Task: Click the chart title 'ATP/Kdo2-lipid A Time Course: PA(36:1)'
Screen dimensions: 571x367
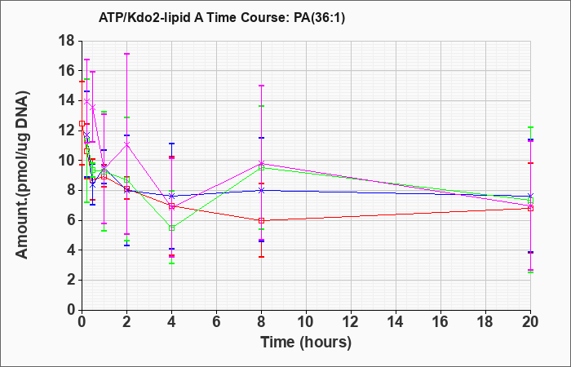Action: pyautogui.click(x=221, y=18)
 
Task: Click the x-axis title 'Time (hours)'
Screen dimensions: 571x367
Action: pyautogui.click(x=306, y=343)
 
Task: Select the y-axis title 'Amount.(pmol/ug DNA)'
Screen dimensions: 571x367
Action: pyautogui.click(x=23, y=175)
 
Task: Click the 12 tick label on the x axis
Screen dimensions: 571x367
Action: pyautogui.click(x=351, y=322)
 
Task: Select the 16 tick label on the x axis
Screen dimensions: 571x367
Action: pyautogui.click(x=440, y=322)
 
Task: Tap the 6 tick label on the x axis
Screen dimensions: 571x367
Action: pyautogui.click(x=216, y=322)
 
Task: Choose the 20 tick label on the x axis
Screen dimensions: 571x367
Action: pyautogui.click(x=530, y=322)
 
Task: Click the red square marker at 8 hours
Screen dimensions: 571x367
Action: pyautogui.click(x=261, y=221)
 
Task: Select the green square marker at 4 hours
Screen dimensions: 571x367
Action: pyautogui.click(x=171, y=228)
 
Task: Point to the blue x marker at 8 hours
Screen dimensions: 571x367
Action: pyautogui.click(x=261, y=190)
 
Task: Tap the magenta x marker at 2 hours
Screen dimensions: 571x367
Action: pyautogui.click(x=126, y=144)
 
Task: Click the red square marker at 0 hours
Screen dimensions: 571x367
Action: pyautogui.click(x=82, y=124)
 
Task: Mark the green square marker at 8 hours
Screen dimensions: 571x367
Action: pyautogui.click(x=261, y=168)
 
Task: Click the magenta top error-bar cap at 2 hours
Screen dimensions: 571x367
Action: pyautogui.click(x=126, y=54)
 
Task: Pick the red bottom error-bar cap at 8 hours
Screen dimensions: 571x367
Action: pyautogui.click(x=261, y=257)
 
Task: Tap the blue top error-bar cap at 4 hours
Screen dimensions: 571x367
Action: pyautogui.click(x=171, y=144)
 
